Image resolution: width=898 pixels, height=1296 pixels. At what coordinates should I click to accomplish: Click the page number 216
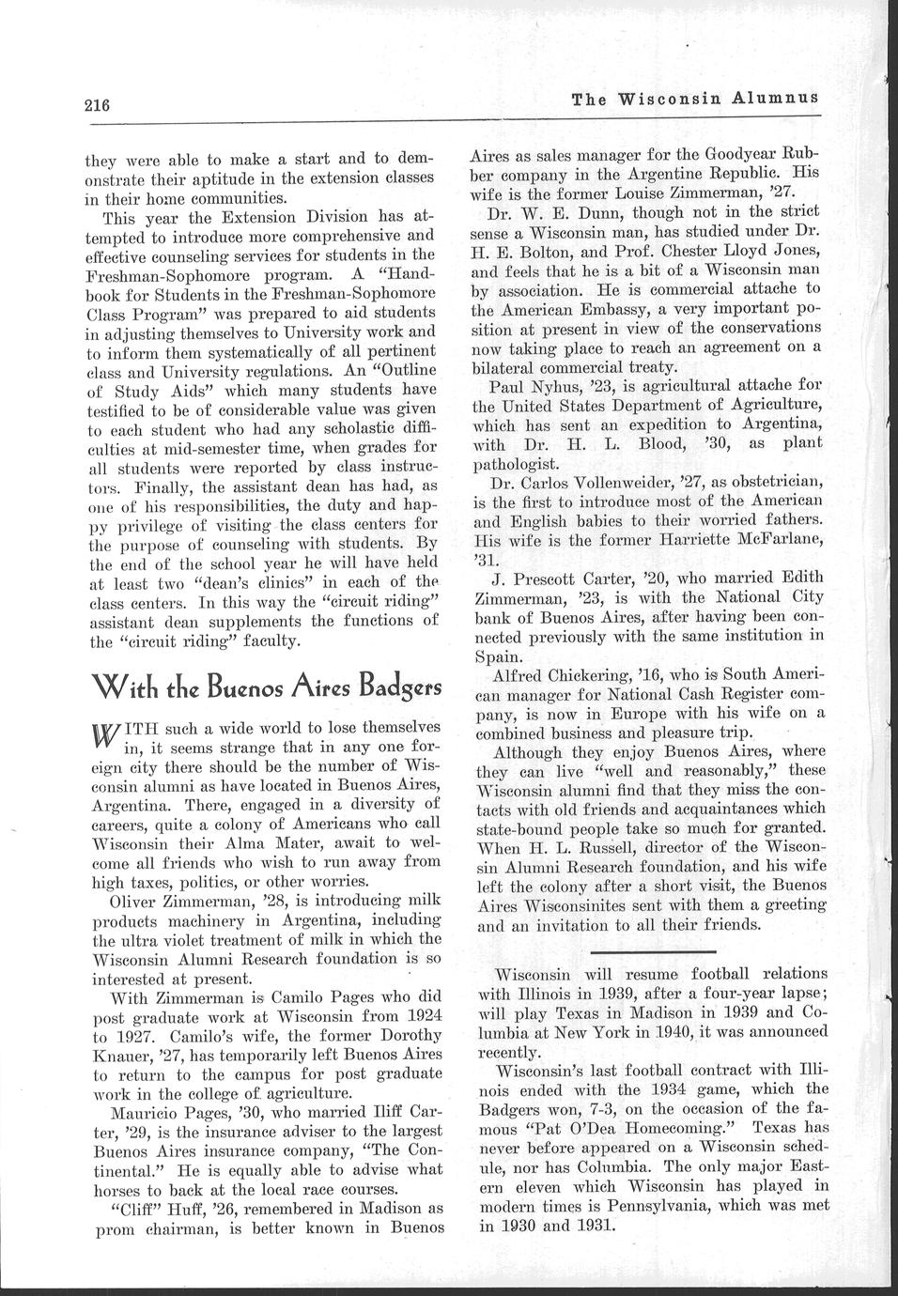click(x=97, y=104)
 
